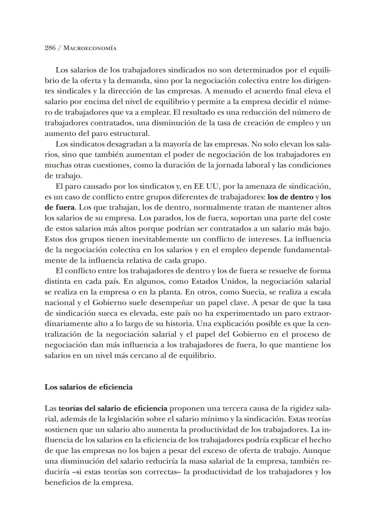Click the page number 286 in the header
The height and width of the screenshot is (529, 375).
[x=50, y=48]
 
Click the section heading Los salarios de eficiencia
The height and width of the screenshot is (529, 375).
[x=89, y=387]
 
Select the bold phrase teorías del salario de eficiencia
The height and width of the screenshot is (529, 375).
[x=113, y=408]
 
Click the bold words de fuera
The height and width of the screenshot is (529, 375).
[x=60, y=208]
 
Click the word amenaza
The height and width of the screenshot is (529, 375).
[x=261, y=187]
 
